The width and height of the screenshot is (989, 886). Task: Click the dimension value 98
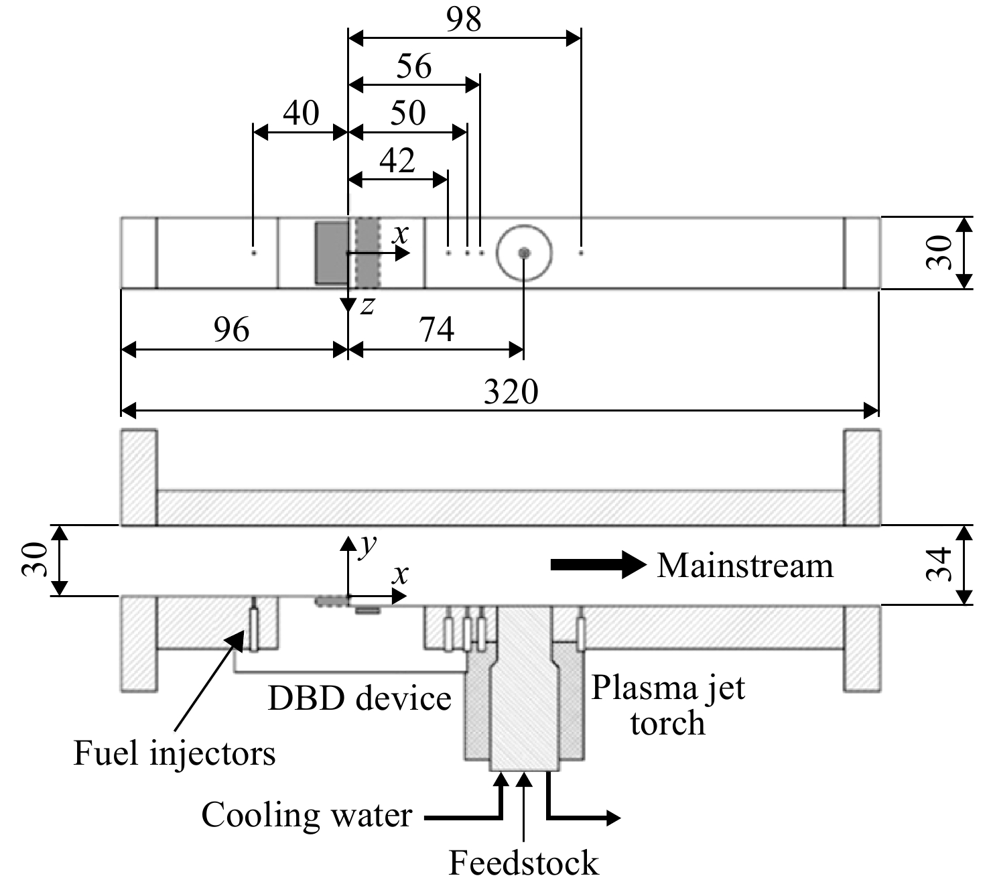coord(464,20)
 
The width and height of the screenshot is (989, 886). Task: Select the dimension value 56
coord(414,66)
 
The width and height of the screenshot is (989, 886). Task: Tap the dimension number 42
coord(398,161)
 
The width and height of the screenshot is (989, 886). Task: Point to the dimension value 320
coord(511,391)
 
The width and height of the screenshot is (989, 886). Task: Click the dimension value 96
coord(232,329)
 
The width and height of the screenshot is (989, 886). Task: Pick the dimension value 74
coord(437,329)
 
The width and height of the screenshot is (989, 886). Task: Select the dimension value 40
coord(302,113)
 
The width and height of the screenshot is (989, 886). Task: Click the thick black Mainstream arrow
coord(598,565)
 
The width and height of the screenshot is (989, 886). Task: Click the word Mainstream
coord(745,566)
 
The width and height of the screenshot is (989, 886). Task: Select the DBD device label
coord(360,699)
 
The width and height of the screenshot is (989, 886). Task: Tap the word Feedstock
coord(524,863)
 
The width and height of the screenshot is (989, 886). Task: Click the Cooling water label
coord(307,815)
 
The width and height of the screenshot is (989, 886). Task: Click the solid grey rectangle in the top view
coord(332,253)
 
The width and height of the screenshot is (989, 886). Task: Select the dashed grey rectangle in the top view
coord(367,253)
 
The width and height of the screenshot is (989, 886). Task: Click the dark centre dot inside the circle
coord(524,253)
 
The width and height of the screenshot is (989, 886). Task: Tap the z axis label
coord(367,306)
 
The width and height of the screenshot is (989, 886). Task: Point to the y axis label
coord(368,545)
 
